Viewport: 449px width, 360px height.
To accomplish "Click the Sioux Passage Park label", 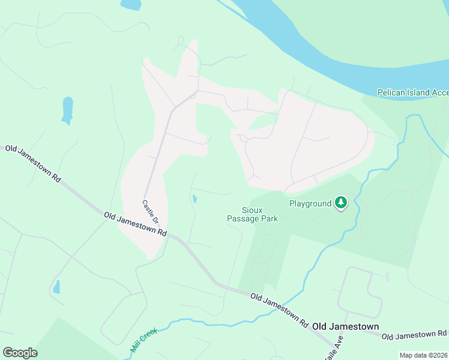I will tap(252, 214).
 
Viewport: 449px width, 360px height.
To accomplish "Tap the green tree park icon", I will tap(341, 203).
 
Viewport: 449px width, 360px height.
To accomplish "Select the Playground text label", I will tap(310, 203).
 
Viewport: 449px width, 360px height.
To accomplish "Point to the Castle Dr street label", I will tap(151, 212).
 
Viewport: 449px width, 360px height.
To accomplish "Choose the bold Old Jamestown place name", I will tap(345, 326).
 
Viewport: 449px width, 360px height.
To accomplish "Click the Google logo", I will tap(20, 352).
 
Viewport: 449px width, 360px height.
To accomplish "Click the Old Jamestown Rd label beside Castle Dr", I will tap(134, 224).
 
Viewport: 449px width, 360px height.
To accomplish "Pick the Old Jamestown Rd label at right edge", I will tap(415, 334).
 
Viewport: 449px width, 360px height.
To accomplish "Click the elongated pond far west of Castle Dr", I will tap(67, 110).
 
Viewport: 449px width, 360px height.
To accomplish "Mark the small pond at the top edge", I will tap(130, 4).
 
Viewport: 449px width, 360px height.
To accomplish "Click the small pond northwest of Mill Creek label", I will tap(56, 287).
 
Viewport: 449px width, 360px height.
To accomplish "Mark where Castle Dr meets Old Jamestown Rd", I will tap(169, 235).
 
